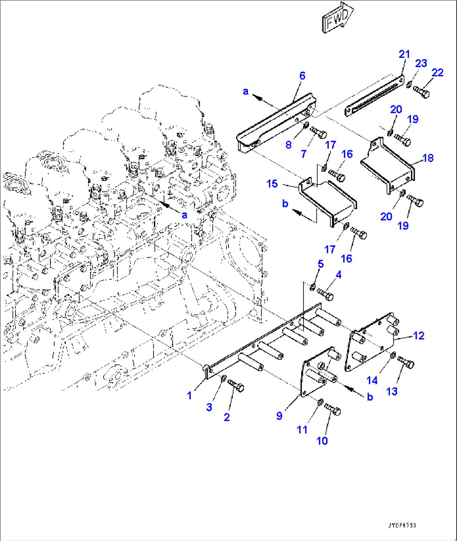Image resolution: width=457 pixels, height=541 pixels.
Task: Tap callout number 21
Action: coord(404,54)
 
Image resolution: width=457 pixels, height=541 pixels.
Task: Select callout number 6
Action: coord(302,76)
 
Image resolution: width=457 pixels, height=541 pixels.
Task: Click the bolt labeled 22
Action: coord(421,91)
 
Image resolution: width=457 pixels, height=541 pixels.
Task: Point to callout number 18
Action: coord(428,158)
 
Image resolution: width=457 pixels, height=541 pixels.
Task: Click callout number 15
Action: coord(272,184)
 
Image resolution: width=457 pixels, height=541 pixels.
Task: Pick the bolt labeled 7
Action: coord(319,133)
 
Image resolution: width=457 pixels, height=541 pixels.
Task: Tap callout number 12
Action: coord(419,336)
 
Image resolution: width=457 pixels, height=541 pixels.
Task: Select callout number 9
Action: coord(279,416)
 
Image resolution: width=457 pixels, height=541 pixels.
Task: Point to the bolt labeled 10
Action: coord(332,409)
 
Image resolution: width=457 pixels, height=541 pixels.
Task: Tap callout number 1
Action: coord(189,395)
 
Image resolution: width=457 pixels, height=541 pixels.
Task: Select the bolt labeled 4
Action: coord(325,294)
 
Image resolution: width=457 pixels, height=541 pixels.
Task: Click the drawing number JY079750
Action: coord(402,525)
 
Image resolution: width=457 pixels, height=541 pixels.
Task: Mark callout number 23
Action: coord(421,63)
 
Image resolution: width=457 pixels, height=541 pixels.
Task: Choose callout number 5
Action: coord(321,264)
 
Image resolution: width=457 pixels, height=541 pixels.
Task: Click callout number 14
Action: coord(372,380)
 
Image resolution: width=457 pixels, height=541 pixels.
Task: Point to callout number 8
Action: coord(288,145)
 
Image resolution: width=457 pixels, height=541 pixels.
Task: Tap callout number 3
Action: coord(209,407)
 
